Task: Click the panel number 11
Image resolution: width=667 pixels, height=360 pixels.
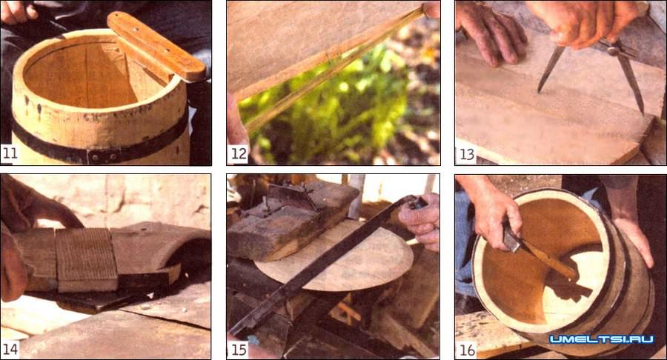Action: tap(10, 153)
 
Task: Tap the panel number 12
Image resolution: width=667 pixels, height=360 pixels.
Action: tap(238, 153)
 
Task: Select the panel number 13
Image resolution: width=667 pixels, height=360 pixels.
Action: tap(466, 154)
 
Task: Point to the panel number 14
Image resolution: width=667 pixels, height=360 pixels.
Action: tap(10, 349)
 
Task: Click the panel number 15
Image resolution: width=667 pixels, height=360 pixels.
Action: tap(239, 350)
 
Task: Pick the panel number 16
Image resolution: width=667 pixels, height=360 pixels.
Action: tap(467, 350)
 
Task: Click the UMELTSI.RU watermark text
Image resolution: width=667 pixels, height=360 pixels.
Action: tap(601, 339)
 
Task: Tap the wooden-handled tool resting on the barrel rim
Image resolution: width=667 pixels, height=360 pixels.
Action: tap(156, 46)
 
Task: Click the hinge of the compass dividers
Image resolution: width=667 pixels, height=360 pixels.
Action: tap(614, 50)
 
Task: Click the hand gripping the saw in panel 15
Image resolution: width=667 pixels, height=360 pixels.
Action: tap(419, 221)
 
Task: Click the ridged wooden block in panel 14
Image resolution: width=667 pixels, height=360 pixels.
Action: tap(87, 259)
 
